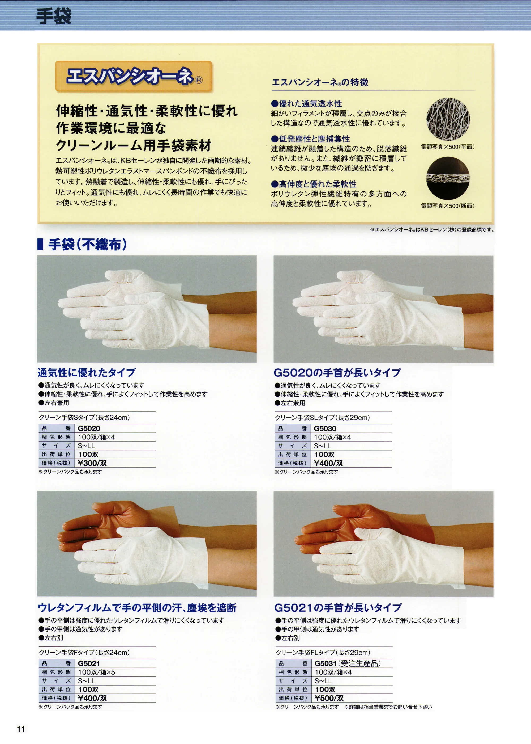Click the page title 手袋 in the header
pyautogui.click(x=53, y=16)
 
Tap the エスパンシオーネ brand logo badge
pyautogui.click(x=134, y=76)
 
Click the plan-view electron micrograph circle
pyautogui.click(x=448, y=119)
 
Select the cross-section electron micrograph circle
pyautogui.click(x=448, y=178)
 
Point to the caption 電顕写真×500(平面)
pyautogui.click(x=447, y=147)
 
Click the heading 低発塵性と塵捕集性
pyautogui.click(x=311, y=139)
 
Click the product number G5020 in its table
pyautogui.click(x=89, y=428)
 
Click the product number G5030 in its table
pyautogui.click(x=325, y=428)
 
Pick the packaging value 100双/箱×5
pyautogui.click(x=96, y=672)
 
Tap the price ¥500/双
pyautogui.click(x=329, y=698)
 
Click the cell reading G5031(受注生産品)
pyautogui.click(x=348, y=663)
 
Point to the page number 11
pyautogui.click(x=21, y=729)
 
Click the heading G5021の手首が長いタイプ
pyautogui.click(x=338, y=608)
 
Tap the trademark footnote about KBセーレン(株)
pyautogui.click(x=432, y=230)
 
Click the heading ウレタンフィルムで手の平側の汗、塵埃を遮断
pyautogui.click(x=137, y=608)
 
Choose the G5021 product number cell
pyautogui.click(x=89, y=663)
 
